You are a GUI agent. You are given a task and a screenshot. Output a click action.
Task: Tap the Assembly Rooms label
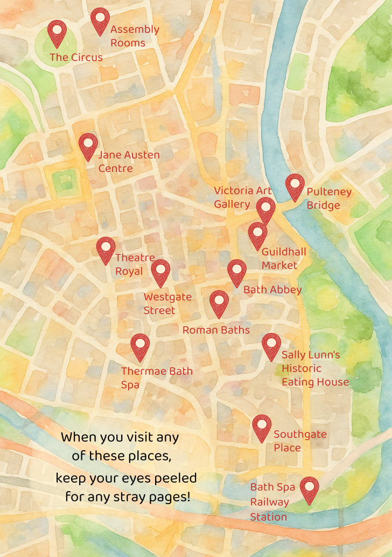coord(134,36)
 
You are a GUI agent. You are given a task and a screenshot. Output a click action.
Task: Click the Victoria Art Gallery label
coord(242,197)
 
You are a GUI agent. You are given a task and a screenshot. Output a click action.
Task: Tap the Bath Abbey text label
coord(272,290)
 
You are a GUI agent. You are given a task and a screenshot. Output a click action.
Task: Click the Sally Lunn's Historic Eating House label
coord(315,368)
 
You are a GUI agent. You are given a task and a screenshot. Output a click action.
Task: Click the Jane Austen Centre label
coord(129,162)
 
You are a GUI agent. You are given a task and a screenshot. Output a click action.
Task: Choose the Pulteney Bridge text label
coord(328,198)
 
